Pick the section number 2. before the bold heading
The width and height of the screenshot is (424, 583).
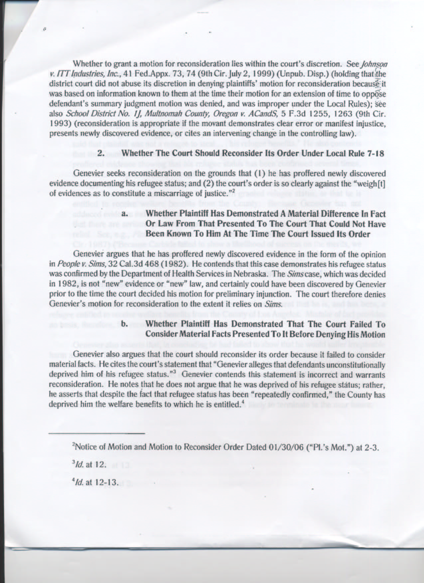(x=101, y=154)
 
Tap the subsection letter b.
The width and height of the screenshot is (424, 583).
(x=125, y=323)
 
